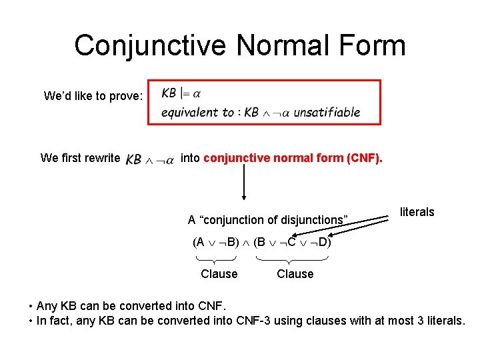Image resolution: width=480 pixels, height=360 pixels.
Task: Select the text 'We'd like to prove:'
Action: [x=93, y=96]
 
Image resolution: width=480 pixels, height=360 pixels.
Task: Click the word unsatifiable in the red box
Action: [x=327, y=113]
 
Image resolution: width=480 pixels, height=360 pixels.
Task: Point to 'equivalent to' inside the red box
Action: [x=197, y=113]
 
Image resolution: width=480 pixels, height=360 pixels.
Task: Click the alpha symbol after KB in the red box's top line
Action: [x=197, y=93]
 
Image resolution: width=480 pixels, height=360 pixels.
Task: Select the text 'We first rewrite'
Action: [x=80, y=158]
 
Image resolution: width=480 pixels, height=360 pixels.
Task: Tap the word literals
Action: [x=417, y=212]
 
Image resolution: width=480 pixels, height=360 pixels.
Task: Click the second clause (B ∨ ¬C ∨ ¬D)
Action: [x=292, y=241]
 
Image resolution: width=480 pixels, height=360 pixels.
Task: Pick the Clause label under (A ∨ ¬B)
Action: [x=219, y=274]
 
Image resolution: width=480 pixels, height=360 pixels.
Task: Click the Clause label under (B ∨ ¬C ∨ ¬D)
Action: [x=295, y=274]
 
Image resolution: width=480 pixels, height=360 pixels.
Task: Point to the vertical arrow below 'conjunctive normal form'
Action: [x=244, y=182]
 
